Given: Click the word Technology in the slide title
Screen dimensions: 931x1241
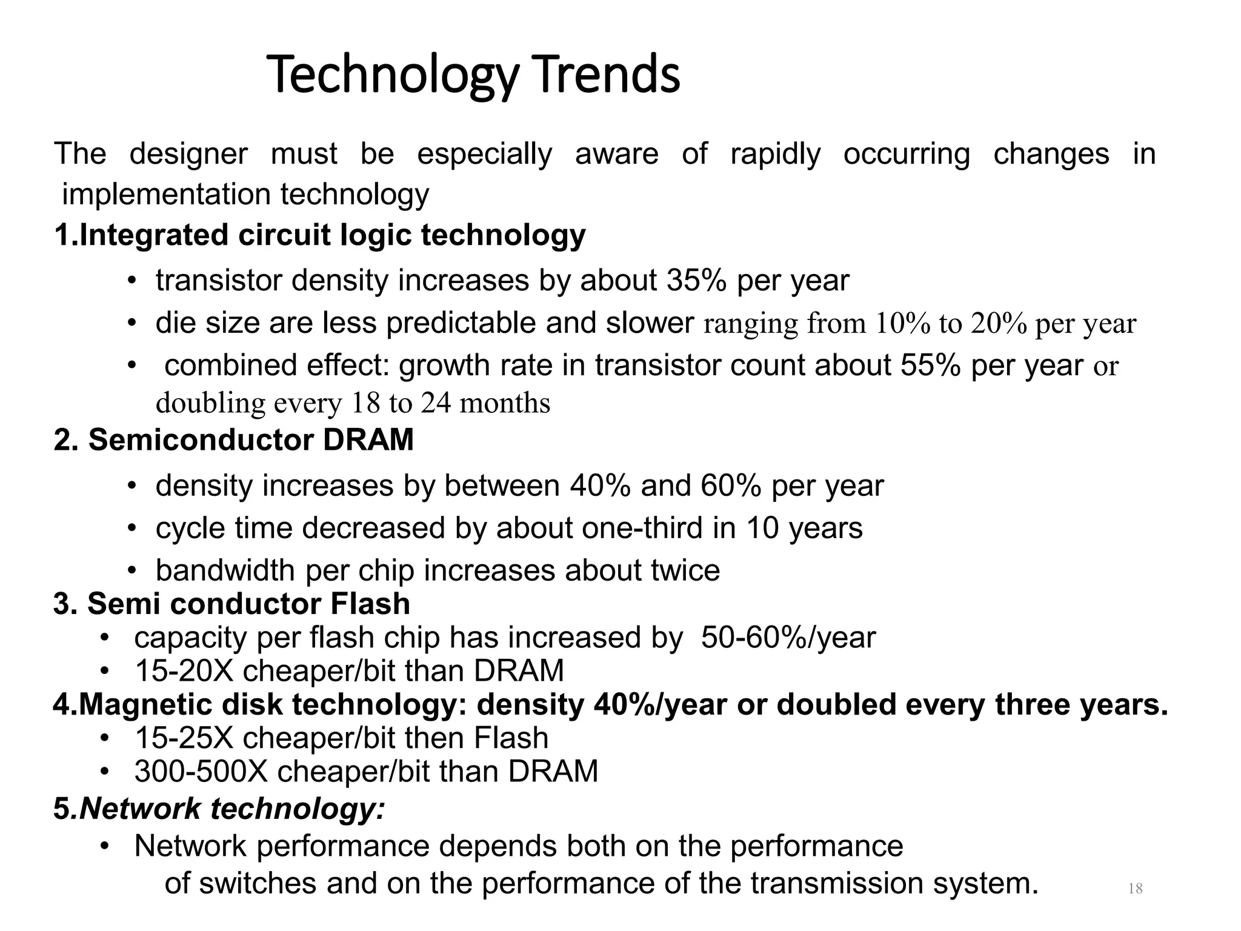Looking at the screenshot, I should click(x=393, y=76).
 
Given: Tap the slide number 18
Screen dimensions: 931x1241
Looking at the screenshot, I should click(x=1135, y=889).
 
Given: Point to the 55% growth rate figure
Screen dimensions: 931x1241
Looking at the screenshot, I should click(x=930, y=365).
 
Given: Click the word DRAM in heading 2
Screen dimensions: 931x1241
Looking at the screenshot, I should click(x=368, y=440).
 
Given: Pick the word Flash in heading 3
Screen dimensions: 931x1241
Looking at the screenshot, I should click(x=370, y=604).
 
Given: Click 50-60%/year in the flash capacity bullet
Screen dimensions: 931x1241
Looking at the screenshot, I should click(x=788, y=638).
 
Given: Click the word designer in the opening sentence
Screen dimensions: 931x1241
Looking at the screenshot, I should click(x=188, y=154).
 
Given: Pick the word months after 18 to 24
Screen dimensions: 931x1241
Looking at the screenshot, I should click(x=505, y=403).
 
